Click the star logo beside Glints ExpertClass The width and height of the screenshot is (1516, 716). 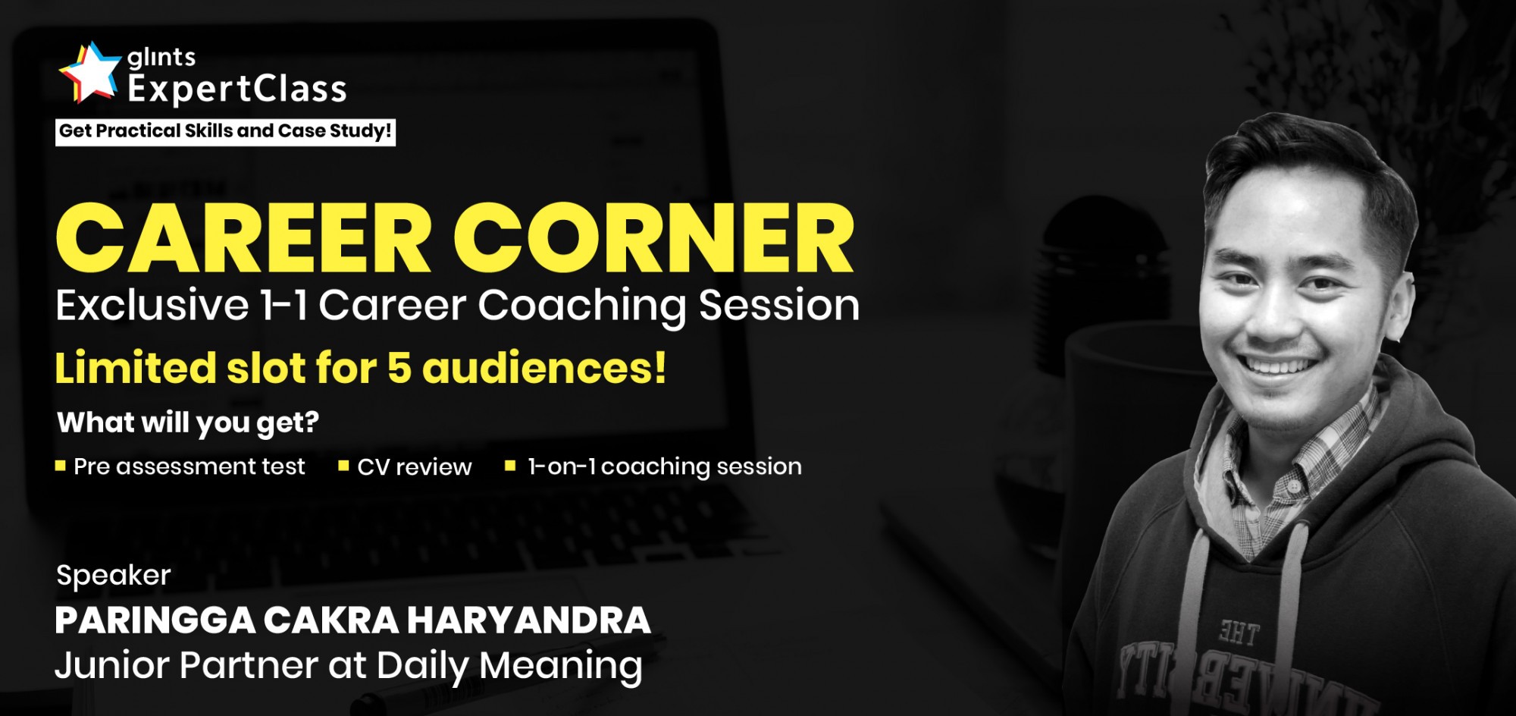[x=90, y=72]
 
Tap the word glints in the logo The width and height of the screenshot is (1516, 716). [x=161, y=57]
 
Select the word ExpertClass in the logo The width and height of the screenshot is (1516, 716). [x=237, y=89]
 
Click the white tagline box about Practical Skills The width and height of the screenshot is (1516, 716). [x=225, y=131]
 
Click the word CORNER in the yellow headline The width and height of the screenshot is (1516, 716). [x=654, y=238]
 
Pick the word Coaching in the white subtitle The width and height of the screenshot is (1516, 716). [x=582, y=306]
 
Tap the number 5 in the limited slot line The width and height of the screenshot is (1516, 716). [x=399, y=369]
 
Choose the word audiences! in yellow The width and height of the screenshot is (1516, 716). [x=544, y=368]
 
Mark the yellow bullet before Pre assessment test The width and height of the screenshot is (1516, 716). [x=61, y=466]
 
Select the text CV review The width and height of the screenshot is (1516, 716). [x=415, y=466]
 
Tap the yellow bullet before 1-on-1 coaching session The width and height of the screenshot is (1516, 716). [x=510, y=466]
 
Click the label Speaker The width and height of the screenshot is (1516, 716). [x=114, y=576]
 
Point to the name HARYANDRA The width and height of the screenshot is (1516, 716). [x=528, y=620]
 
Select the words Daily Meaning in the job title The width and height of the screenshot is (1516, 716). [x=509, y=666]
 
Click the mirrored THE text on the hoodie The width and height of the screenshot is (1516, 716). [x=1239, y=632]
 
